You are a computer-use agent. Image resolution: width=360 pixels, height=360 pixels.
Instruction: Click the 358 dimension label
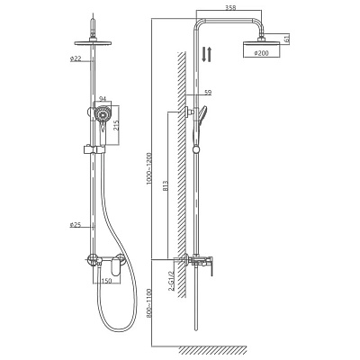(230, 8)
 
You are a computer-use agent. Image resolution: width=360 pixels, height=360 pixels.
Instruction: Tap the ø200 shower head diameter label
(261, 53)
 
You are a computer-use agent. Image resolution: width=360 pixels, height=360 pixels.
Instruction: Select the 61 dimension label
(286, 39)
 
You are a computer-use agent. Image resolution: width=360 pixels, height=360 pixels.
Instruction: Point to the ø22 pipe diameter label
(76, 59)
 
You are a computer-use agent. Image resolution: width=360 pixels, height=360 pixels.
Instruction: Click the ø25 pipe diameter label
(76, 224)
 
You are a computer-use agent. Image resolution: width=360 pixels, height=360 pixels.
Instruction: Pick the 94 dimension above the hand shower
(103, 98)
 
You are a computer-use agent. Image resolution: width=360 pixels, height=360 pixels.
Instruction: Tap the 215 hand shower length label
(116, 125)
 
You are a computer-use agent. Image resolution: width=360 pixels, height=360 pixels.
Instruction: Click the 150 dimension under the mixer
(106, 281)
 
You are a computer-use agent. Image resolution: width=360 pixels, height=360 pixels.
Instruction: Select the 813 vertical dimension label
(166, 185)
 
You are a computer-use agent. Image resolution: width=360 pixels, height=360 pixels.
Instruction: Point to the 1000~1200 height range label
(149, 169)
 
